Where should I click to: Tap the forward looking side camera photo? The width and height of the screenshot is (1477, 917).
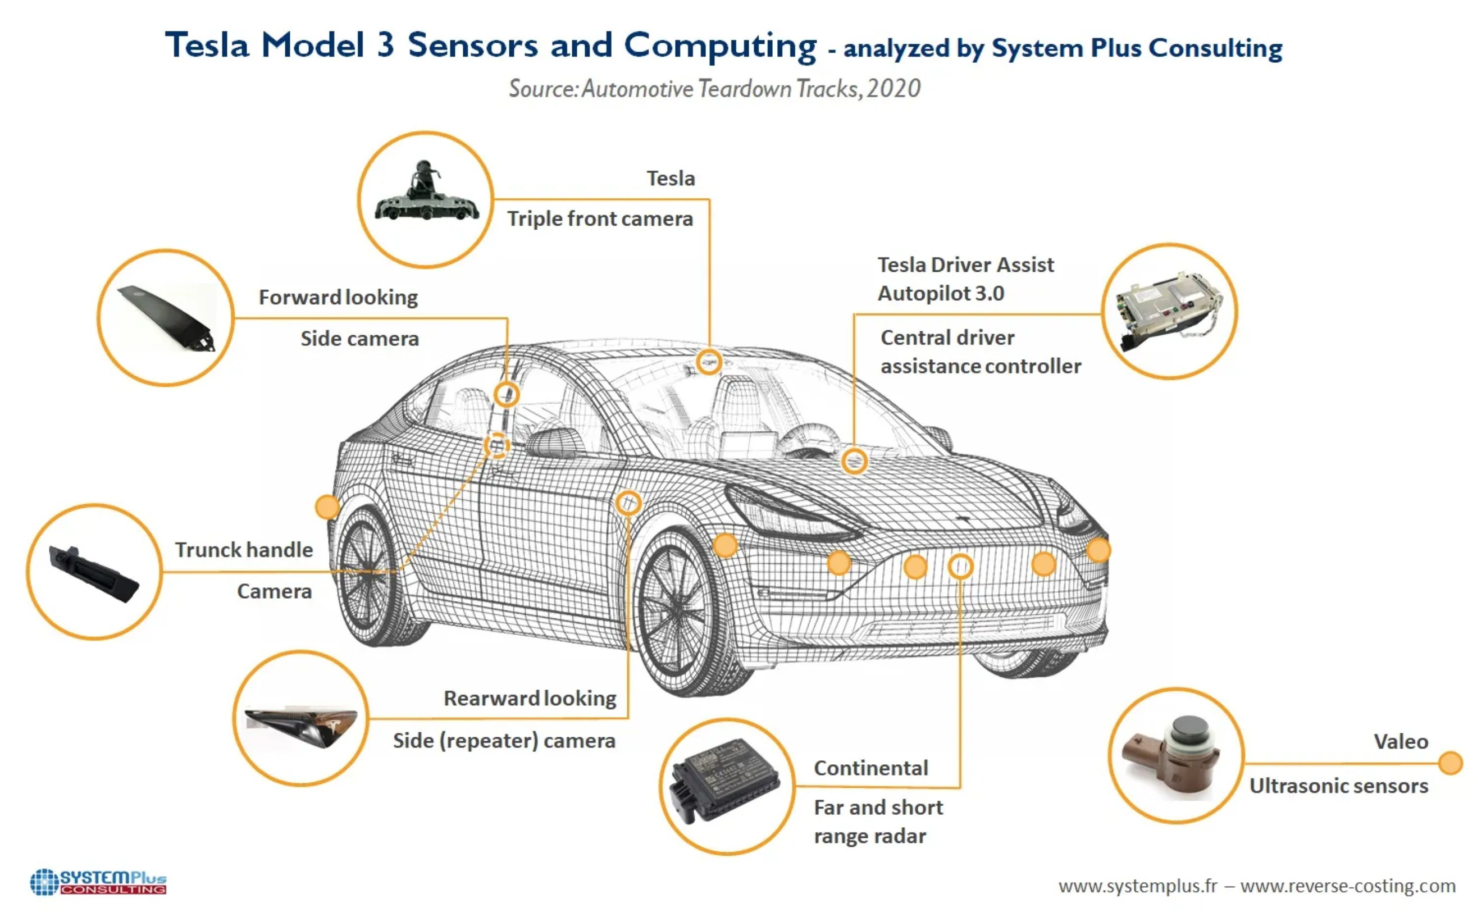[166, 317]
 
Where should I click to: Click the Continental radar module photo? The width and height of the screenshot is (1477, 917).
[726, 781]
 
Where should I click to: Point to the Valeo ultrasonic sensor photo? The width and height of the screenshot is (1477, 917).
[1175, 757]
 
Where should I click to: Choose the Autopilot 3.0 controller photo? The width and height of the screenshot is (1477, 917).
[1168, 311]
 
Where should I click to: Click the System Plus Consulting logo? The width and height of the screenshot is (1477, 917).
[98, 882]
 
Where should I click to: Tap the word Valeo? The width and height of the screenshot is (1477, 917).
[1401, 742]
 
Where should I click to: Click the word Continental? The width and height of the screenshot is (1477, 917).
[870, 768]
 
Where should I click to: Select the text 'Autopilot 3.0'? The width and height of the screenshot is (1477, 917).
[940, 294]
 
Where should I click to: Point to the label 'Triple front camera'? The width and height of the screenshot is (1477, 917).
[600, 219]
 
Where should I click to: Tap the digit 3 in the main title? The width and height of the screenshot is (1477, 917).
[385, 45]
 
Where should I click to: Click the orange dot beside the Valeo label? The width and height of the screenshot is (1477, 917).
[1450, 763]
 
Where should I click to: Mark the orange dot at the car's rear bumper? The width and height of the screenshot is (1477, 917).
[327, 507]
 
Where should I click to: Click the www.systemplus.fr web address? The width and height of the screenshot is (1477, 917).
[1137, 886]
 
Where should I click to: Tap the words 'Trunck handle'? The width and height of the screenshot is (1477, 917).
[244, 550]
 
